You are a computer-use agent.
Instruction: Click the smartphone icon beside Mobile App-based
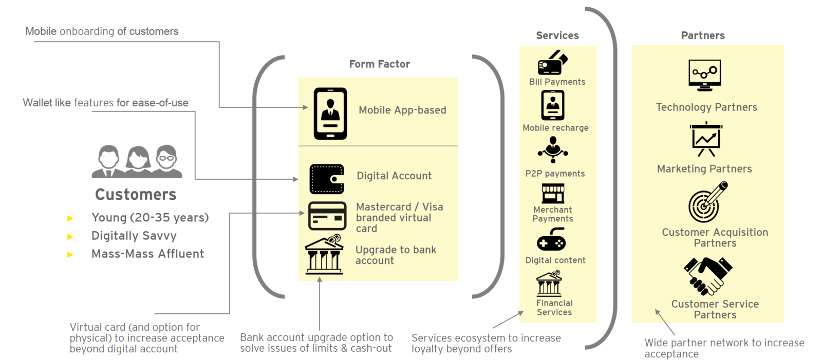[330, 113]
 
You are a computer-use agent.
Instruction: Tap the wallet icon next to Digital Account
[327, 179]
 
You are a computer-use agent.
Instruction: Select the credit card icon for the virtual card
[327, 216]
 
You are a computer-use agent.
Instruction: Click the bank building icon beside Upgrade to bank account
[324, 255]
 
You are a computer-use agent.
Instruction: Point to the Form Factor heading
[379, 64]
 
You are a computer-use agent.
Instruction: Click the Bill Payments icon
[552, 63]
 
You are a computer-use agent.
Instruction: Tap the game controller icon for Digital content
[551, 240]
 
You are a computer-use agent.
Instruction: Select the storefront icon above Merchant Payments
[553, 194]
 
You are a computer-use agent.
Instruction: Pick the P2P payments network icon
[553, 149]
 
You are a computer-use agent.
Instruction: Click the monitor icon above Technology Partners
[705, 75]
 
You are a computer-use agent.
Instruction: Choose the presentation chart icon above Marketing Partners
[706, 139]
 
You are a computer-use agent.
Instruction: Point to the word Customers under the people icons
[136, 195]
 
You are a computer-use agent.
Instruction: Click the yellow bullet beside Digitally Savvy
[70, 237]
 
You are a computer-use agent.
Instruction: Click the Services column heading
[557, 35]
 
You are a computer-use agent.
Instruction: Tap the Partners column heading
[703, 35]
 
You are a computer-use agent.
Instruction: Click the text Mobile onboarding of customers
[102, 31]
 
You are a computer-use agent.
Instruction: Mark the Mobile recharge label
[555, 128]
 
